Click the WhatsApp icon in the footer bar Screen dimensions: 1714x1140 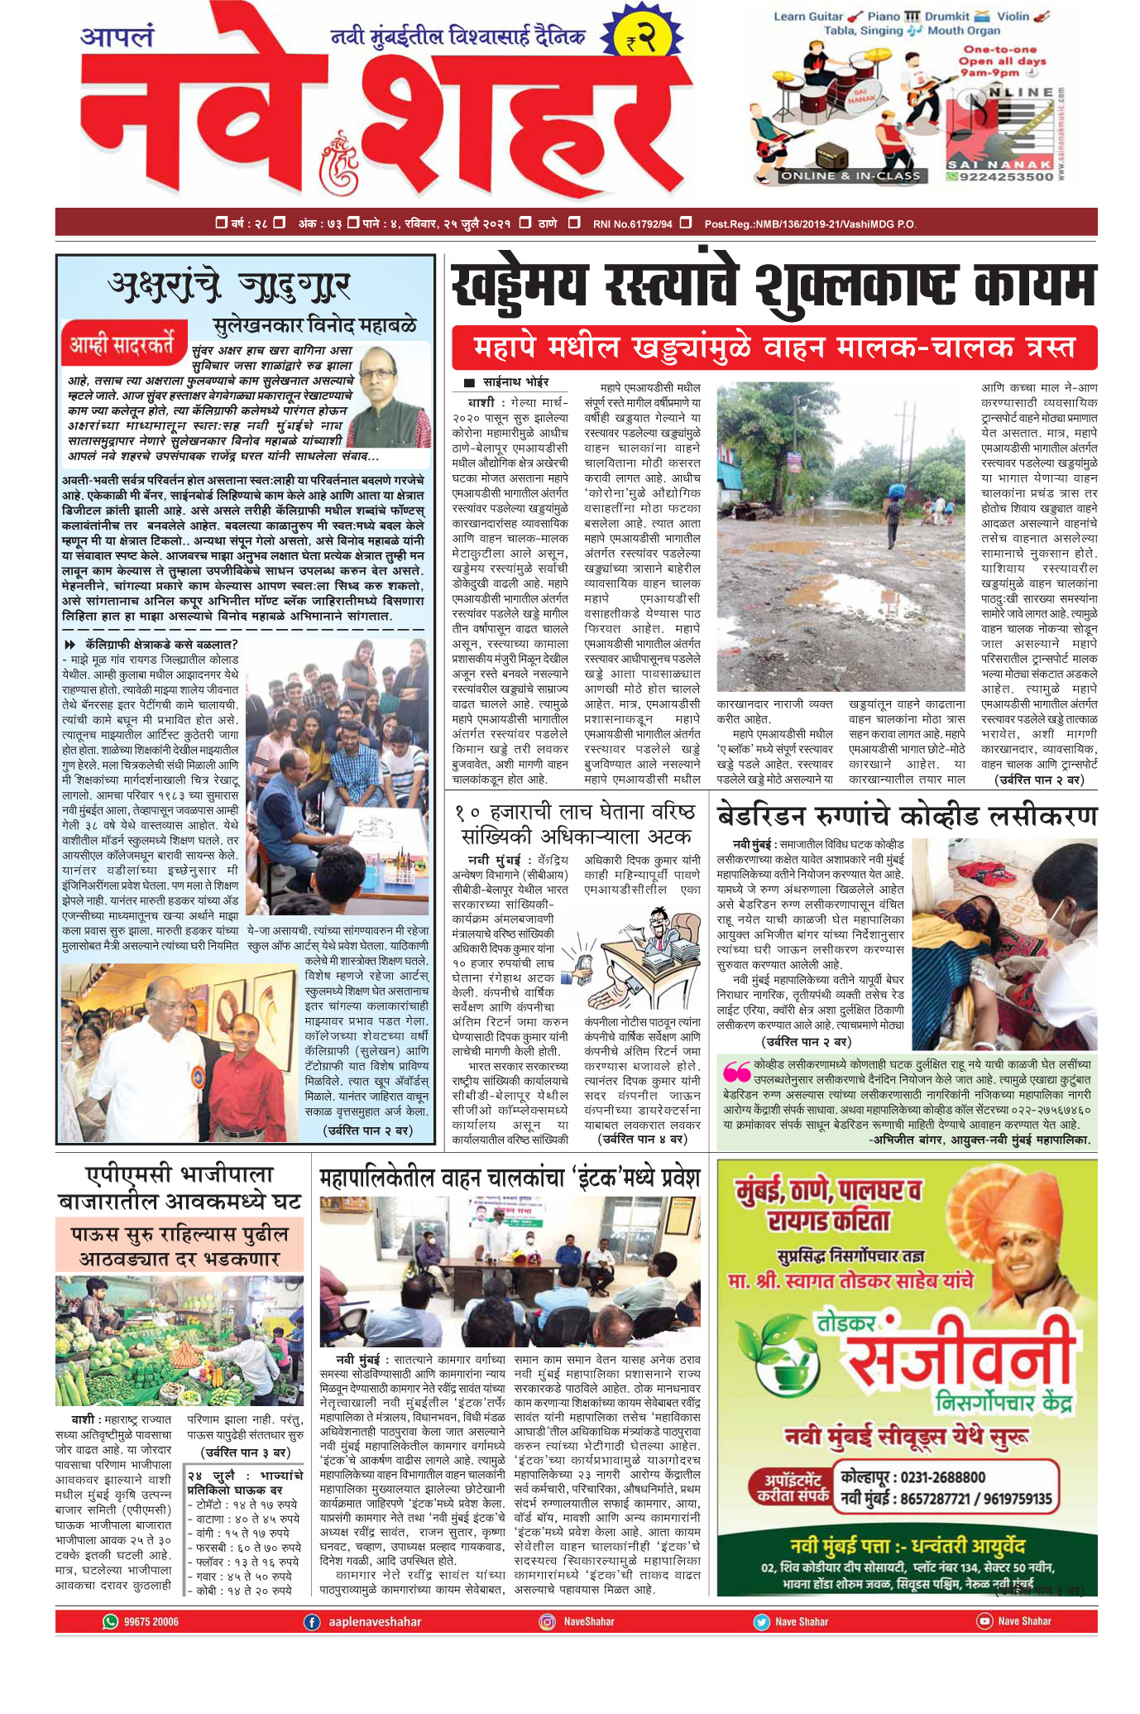pyautogui.click(x=110, y=1621)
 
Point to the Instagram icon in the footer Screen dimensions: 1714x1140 pyautogui.click(x=547, y=1622)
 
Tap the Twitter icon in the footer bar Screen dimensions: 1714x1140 pyautogui.click(x=760, y=1622)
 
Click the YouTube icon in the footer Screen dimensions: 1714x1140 pyautogui.click(x=984, y=1621)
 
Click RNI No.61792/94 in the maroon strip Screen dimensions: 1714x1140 pyautogui.click(x=632, y=223)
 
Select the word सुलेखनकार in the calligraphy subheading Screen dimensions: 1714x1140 pyautogui.click(x=257, y=324)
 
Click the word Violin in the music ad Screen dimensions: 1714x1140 pyautogui.click(x=1013, y=16)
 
